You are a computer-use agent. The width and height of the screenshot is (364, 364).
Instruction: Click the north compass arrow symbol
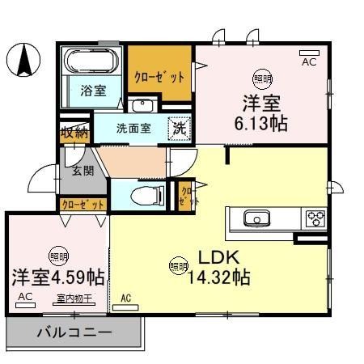(x=26, y=59)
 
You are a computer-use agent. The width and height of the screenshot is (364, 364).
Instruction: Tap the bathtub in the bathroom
(x=91, y=61)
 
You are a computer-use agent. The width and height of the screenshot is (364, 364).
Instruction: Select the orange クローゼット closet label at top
(x=159, y=75)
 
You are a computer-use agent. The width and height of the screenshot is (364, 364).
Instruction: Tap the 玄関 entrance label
(x=83, y=170)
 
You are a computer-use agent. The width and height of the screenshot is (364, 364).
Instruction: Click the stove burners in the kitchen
(x=315, y=218)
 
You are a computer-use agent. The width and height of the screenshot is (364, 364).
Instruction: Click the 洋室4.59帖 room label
(x=57, y=276)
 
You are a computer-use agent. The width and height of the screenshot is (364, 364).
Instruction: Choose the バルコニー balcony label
(x=73, y=332)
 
